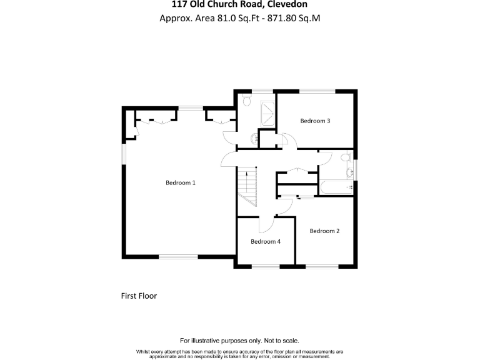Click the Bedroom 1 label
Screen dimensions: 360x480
[x=181, y=183]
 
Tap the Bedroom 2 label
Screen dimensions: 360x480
[x=324, y=231]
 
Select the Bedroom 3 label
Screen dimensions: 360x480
[x=315, y=121]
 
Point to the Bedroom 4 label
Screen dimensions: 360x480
[x=266, y=242]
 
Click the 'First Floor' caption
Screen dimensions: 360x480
[x=139, y=296]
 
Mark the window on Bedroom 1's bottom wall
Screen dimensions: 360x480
[x=178, y=256]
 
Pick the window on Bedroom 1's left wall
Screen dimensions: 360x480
[x=123, y=153]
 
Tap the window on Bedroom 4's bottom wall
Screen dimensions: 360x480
[x=266, y=267]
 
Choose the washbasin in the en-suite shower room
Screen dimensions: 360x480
[x=254, y=138]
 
